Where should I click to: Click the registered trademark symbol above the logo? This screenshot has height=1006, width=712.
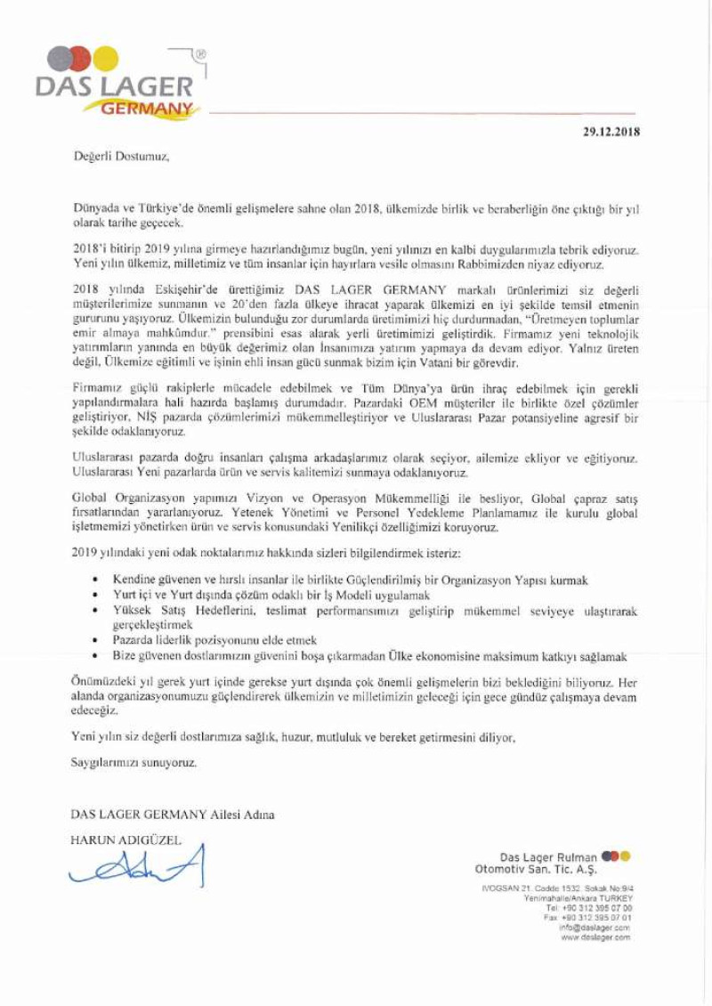pos(199,54)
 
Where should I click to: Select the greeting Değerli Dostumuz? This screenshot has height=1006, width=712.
pos(120,157)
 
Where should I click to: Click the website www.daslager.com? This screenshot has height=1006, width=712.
pos(596,937)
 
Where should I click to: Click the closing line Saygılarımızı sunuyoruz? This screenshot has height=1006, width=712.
pos(133,763)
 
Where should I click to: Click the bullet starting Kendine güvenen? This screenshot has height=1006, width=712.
pos(346,580)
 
